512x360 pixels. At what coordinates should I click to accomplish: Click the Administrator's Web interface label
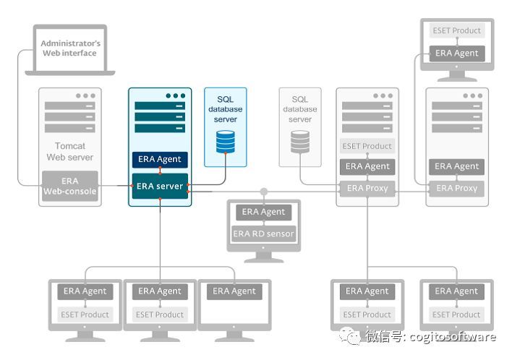pyautogui.click(x=70, y=48)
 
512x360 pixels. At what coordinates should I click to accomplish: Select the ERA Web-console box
pyautogui.click(x=70, y=186)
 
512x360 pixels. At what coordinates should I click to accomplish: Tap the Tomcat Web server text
pyautogui.click(x=70, y=151)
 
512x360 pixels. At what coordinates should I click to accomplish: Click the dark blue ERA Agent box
pyautogui.click(x=160, y=159)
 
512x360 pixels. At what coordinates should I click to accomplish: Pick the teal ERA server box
pyautogui.click(x=160, y=187)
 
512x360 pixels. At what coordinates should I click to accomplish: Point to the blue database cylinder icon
pyautogui.click(x=226, y=141)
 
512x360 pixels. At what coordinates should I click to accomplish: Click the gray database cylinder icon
pyautogui.click(x=300, y=142)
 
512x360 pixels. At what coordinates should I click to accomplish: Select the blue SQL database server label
pyautogui.click(x=226, y=109)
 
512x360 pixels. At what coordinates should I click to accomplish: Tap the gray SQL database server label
pyautogui.click(x=300, y=109)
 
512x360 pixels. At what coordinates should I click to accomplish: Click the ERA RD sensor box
pyautogui.click(x=263, y=233)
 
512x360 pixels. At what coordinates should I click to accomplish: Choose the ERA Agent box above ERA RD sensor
pyautogui.click(x=263, y=212)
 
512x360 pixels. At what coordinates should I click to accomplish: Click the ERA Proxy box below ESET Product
pyautogui.click(x=367, y=188)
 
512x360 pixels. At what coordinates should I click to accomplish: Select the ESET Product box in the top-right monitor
pyautogui.click(x=456, y=31)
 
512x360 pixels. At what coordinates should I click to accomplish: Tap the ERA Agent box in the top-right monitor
pyautogui.click(x=456, y=53)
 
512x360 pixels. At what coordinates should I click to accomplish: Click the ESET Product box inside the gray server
pyautogui.click(x=367, y=146)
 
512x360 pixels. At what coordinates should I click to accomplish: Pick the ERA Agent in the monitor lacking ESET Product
pyautogui.click(x=234, y=291)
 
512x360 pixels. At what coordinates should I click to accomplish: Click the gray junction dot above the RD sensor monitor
pyautogui.click(x=264, y=192)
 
